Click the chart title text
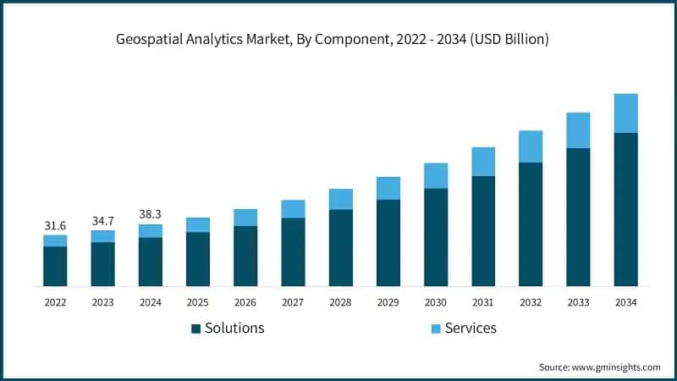(x=338, y=40)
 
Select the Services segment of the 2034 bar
(x=625, y=113)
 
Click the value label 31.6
(x=55, y=226)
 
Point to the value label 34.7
(x=102, y=220)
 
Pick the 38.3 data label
(x=151, y=214)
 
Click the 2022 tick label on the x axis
(x=55, y=301)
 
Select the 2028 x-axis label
(x=340, y=301)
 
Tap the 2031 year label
(x=483, y=301)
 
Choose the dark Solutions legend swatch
(x=195, y=329)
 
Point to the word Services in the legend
(x=470, y=328)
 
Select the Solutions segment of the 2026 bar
(x=245, y=256)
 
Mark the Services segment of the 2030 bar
(x=436, y=175)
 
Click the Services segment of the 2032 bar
(x=531, y=146)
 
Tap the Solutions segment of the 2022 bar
(x=55, y=266)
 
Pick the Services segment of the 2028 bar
(x=340, y=199)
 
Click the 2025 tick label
(x=198, y=301)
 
